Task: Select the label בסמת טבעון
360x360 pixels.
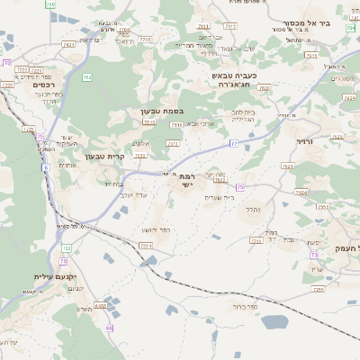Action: click(x=161, y=112)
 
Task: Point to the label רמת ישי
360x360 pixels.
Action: click(x=187, y=181)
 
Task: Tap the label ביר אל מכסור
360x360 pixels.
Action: click(x=306, y=23)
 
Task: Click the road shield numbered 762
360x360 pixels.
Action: click(x=87, y=77)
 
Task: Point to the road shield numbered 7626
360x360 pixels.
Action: click(x=288, y=166)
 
